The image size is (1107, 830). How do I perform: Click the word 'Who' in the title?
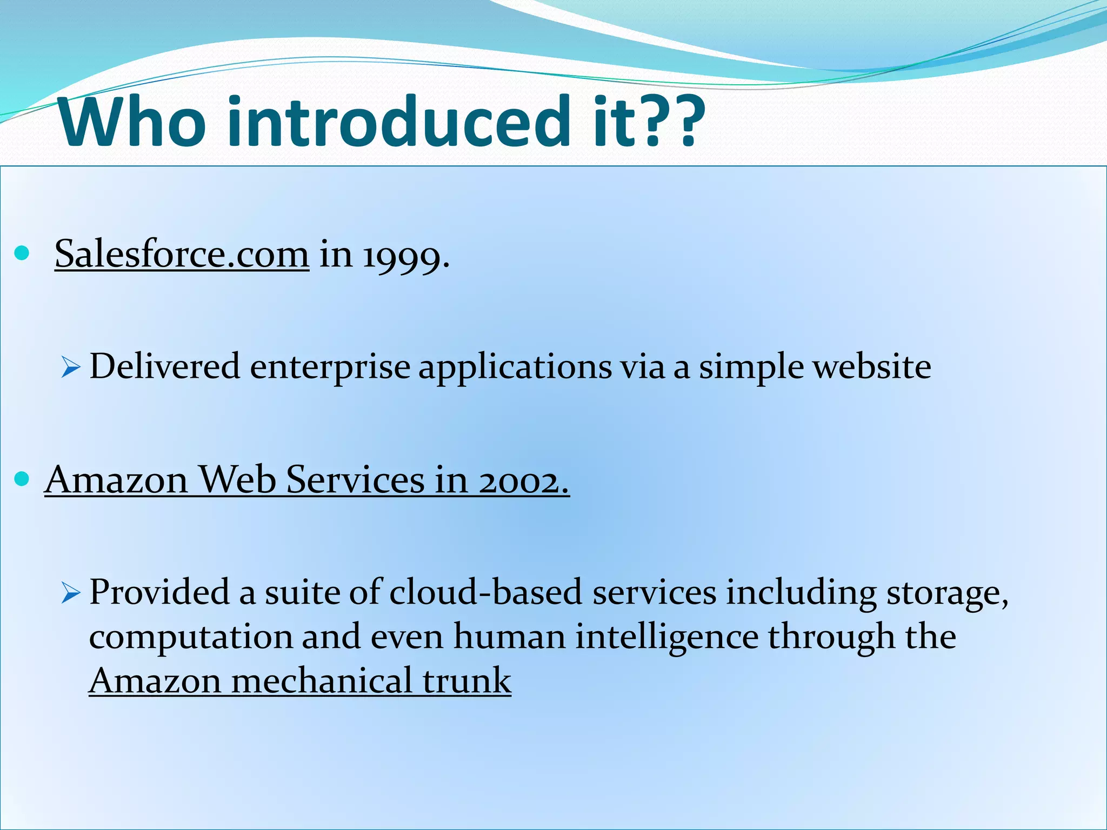[132, 122]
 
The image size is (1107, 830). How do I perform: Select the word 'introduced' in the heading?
[399, 122]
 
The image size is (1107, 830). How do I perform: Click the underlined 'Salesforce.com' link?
[182, 254]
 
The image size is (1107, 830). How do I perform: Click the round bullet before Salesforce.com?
[22, 253]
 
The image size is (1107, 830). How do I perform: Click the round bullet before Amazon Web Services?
[22, 479]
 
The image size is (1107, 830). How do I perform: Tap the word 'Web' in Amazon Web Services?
[237, 479]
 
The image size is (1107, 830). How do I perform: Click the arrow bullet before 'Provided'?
[70, 594]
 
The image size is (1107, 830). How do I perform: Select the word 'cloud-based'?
[485, 593]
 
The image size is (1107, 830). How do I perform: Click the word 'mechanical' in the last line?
[322, 681]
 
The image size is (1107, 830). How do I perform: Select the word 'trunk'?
[467, 681]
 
